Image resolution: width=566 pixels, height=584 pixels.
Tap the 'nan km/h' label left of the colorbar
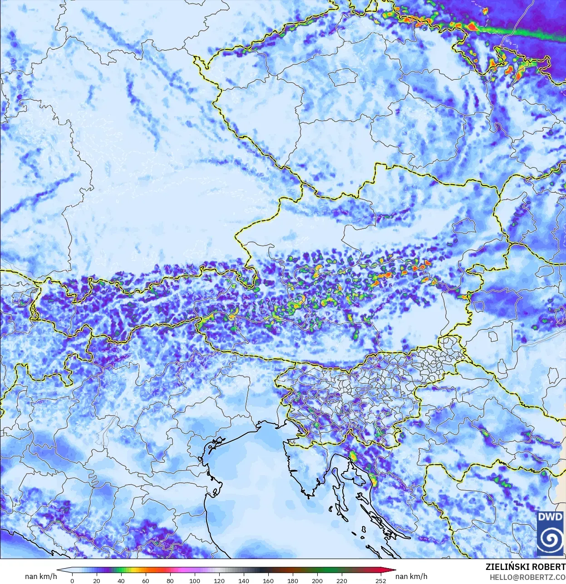pos(41,577)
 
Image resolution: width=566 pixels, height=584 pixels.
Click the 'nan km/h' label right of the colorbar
pos(411,577)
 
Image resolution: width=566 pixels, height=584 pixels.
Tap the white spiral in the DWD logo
pos(550,540)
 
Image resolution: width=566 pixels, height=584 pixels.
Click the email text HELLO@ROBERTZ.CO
pos(527,577)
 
